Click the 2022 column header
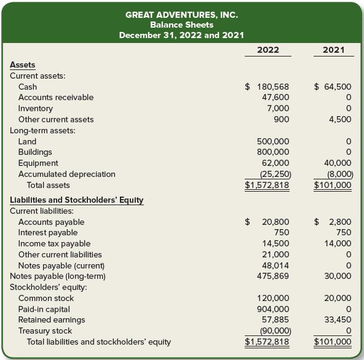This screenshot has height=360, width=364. (267, 50)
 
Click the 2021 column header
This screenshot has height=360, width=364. (333, 50)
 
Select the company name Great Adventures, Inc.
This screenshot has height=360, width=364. (181, 14)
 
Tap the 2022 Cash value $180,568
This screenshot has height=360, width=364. (267, 87)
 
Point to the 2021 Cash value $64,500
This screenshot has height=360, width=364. (333, 87)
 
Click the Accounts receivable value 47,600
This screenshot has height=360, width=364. (276, 97)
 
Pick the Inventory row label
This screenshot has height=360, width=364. (36, 108)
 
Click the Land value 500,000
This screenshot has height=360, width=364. (273, 141)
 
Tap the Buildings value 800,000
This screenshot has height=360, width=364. (273, 152)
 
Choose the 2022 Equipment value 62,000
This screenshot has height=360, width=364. (276, 163)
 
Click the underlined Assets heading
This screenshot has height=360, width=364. (23, 65)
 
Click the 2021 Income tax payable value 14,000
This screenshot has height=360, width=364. (339, 243)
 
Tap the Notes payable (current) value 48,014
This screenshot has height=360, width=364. (276, 265)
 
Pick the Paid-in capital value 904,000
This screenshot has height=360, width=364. (273, 309)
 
